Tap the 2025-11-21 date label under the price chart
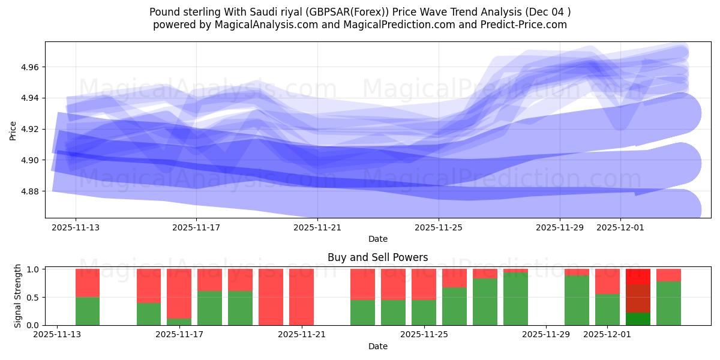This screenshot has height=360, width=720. pyautogui.click(x=317, y=228)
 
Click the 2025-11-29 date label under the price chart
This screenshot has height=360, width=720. pyautogui.click(x=560, y=228)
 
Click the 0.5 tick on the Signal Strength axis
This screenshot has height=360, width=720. pyautogui.click(x=34, y=298)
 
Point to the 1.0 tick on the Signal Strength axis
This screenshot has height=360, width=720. pyautogui.click(x=34, y=269)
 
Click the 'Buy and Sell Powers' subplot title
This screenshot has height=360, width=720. pyautogui.click(x=377, y=257)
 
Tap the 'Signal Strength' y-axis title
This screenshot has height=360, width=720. pyautogui.click(x=18, y=296)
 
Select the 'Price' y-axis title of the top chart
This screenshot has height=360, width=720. pyautogui.click(x=13, y=130)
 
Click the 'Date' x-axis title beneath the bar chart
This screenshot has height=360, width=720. pyautogui.click(x=377, y=346)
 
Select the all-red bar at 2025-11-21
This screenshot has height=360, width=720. pyautogui.click(x=301, y=297)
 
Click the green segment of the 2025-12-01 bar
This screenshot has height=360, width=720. pyautogui.click(x=607, y=310)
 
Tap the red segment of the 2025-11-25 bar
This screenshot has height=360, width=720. pyautogui.click(x=424, y=284)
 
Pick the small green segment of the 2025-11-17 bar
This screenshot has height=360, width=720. pyautogui.click(x=179, y=322)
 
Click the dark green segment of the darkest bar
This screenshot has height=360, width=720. pyautogui.click(x=638, y=319)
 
